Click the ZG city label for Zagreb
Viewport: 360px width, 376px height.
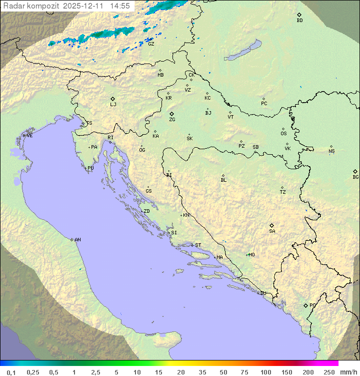click(172, 120)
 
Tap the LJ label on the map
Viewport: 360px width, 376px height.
click(113, 105)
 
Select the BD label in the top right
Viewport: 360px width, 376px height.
click(299, 21)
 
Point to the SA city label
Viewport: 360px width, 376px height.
click(272, 231)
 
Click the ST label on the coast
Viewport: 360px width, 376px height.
click(198, 245)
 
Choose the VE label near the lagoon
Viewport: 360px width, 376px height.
click(29, 136)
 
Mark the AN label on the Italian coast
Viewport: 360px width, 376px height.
click(77, 240)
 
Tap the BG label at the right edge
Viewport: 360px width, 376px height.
click(355, 177)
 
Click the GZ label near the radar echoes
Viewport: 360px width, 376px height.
click(151, 44)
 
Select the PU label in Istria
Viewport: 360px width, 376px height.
click(90, 168)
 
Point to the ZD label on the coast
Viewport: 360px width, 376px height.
click(146, 211)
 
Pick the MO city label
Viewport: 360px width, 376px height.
click(251, 255)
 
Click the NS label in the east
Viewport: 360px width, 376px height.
click(331, 151)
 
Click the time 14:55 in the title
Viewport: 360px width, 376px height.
click(120, 6)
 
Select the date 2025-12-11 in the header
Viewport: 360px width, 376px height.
click(84, 6)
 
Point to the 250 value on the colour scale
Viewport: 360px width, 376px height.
click(329, 372)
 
